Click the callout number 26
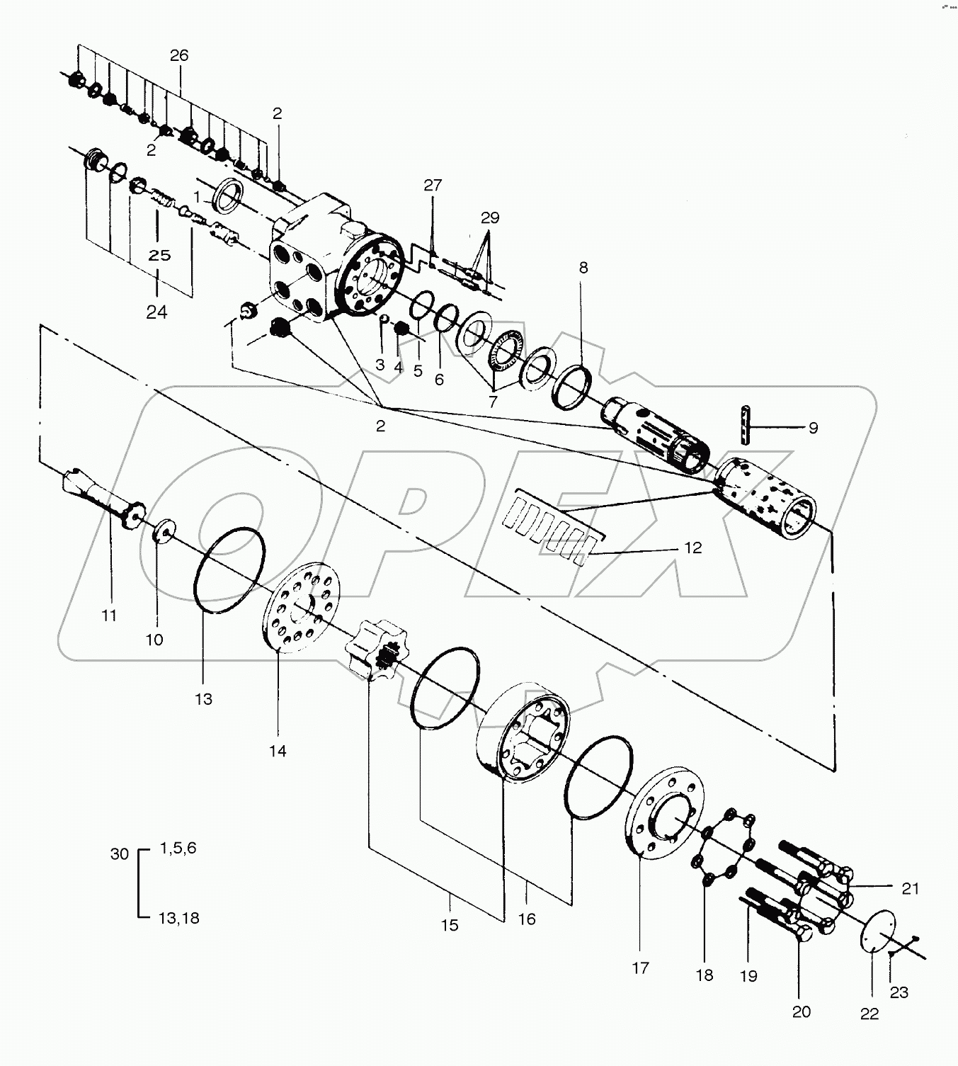coord(179,55)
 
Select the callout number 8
coord(583,268)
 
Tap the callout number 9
coord(813,428)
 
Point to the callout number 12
coord(692,548)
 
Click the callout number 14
coord(278,751)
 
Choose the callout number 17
coord(640,968)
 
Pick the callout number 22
coord(869,1014)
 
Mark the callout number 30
coord(120,854)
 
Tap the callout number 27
coord(433,186)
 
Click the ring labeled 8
coord(573,387)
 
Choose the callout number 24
coord(156,311)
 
